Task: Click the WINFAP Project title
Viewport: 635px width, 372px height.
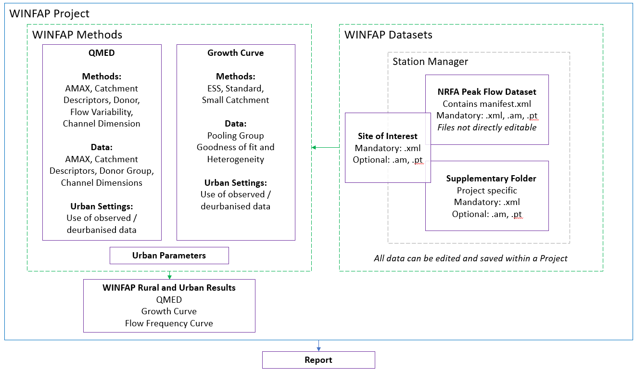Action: (x=50, y=13)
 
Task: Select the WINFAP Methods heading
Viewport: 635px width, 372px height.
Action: (x=77, y=35)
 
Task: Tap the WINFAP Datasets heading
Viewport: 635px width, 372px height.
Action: (x=388, y=35)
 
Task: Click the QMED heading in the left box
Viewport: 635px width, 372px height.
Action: (x=102, y=53)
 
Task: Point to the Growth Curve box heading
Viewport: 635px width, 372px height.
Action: (x=235, y=53)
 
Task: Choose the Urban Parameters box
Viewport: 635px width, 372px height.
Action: (x=169, y=256)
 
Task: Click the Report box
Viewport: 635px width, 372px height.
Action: (x=318, y=360)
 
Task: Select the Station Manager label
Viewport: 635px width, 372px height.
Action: (x=430, y=62)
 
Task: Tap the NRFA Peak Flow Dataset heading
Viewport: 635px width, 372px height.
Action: (x=487, y=92)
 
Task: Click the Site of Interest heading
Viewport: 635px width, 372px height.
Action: (x=387, y=136)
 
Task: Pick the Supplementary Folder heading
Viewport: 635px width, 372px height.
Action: (x=491, y=179)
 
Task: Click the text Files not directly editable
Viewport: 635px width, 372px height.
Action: (x=487, y=128)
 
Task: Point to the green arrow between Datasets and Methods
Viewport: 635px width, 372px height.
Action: (x=327, y=147)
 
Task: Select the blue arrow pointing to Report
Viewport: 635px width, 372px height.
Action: (x=318, y=346)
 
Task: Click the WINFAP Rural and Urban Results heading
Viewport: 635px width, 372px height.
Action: (x=169, y=288)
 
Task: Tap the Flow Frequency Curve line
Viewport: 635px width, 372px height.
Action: (x=169, y=323)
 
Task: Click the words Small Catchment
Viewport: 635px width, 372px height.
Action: (x=235, y=100)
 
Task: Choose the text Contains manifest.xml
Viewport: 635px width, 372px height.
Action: (x=487, y=104)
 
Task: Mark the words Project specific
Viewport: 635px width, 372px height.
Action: (x=487, y=191)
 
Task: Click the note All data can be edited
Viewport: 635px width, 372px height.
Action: (x=470, y=258)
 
